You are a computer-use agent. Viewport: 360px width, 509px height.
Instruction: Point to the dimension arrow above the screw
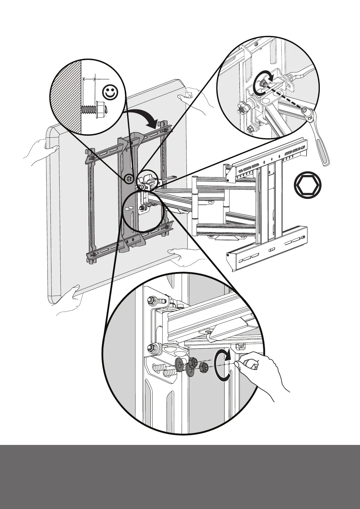pyautogui.click(x=89, y=79)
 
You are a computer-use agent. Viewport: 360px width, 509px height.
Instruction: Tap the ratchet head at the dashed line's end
pyautogui.click(x=309, y=114)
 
